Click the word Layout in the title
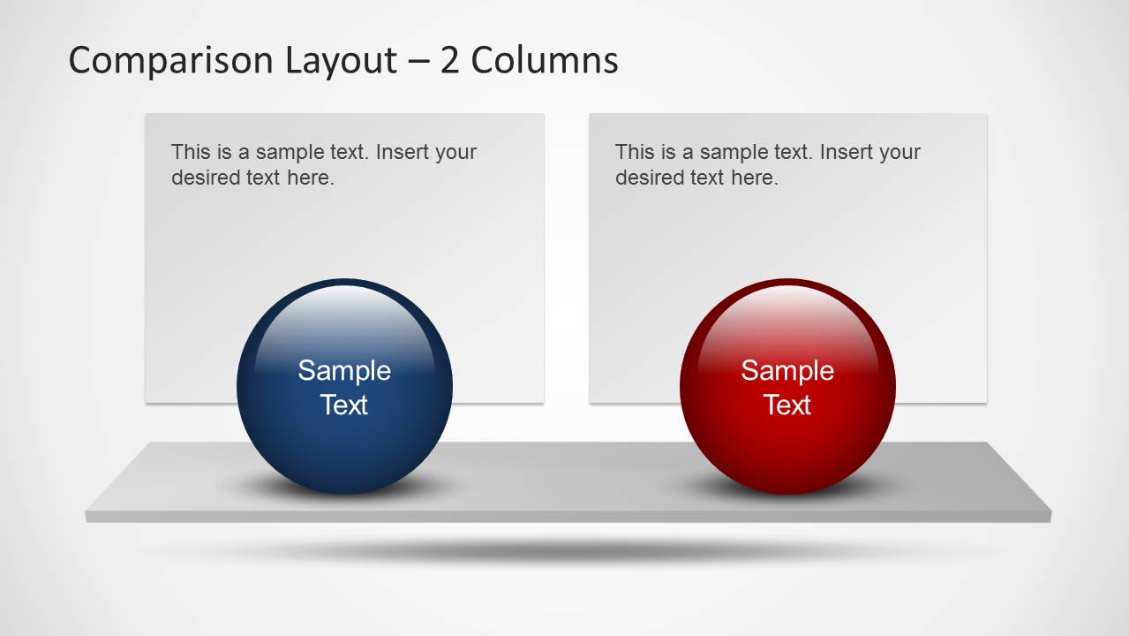(x=341, y=61)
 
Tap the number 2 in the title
(x=450, y=60)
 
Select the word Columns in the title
(x=545, y=60)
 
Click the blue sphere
(x=344, y=442)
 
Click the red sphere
(x=787, y=442)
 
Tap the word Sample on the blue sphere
(x=344, y=370)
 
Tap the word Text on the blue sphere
(x=344, y=405)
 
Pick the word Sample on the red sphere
(x=787, y=370)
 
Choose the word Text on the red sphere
(x=787, y=405)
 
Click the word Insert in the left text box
(x=402, y=152)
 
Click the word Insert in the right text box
(x=846, y=152)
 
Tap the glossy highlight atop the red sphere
(x=787, y=318)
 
